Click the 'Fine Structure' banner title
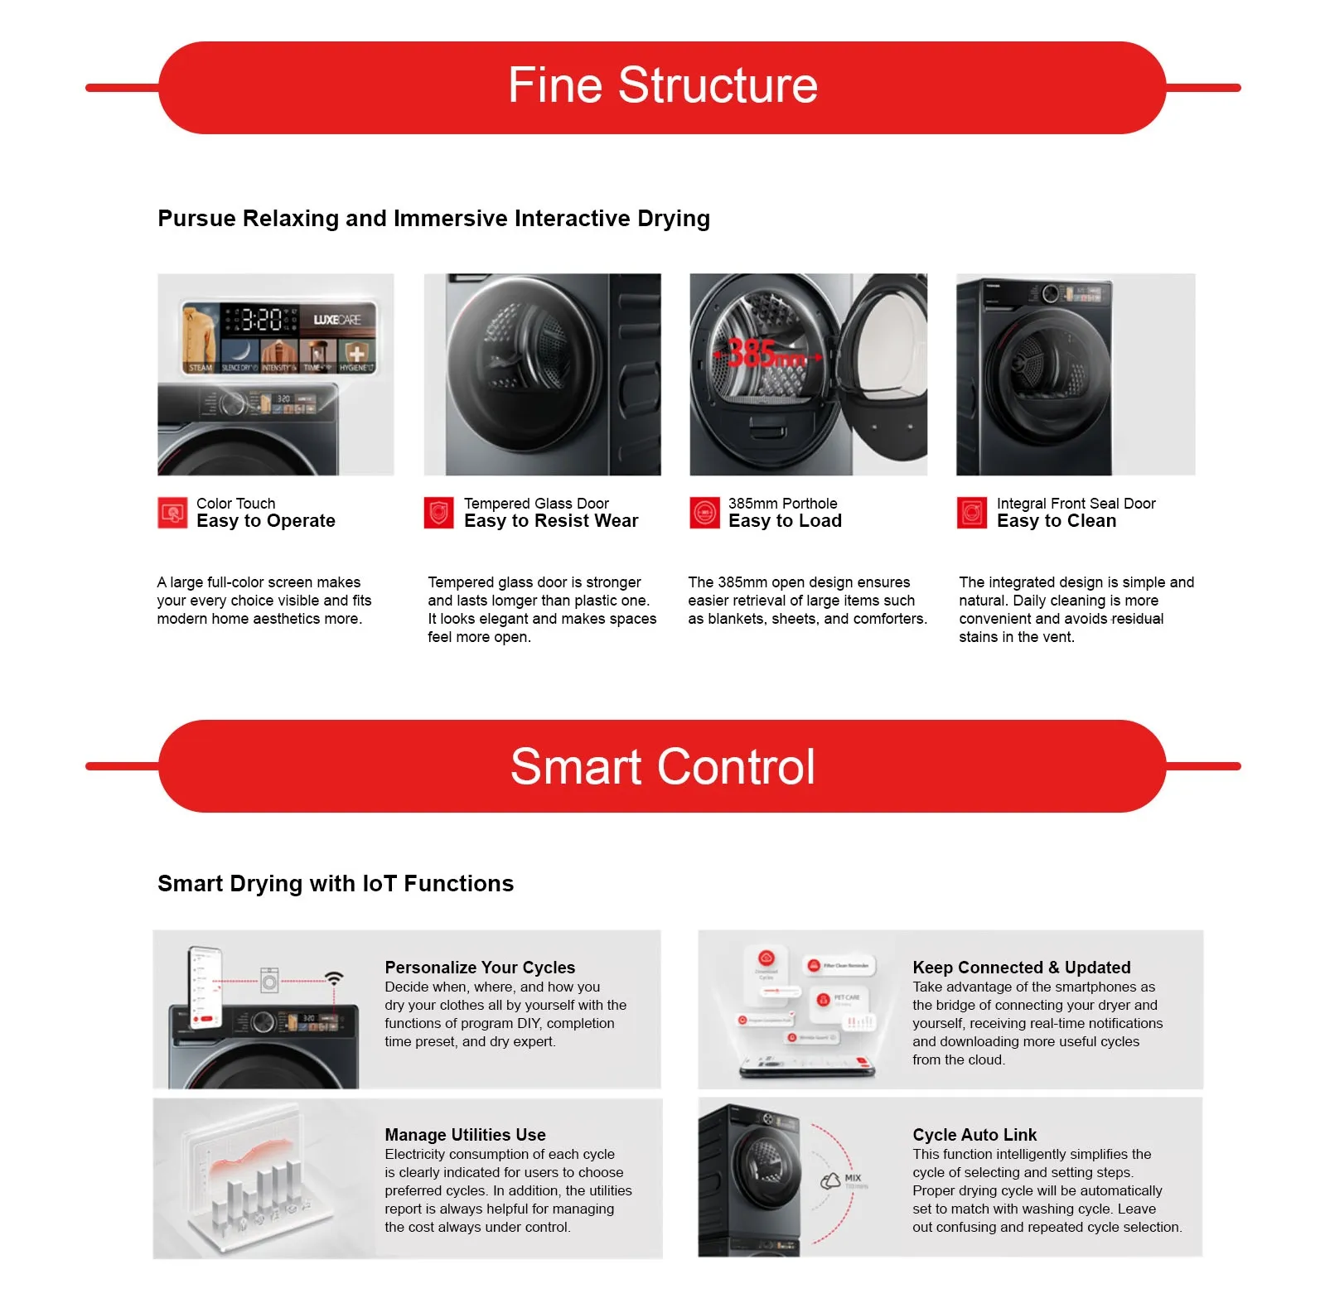(662, 85)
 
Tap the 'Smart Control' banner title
(662, 766)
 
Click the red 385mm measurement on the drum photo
(765, 354)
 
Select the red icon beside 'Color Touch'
(172, 513)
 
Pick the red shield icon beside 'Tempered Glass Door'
(438, 513)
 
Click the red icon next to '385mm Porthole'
(704, 513)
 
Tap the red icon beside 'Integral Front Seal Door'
(971, 513)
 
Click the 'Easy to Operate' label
(266, 521)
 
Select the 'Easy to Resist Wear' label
(551, 521)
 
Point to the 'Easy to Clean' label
(1057, 521)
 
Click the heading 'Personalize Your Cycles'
(480, 968)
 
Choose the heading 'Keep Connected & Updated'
(1021, 968)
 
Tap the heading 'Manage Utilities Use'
(465, 1135)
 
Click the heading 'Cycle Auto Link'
(974, 1135)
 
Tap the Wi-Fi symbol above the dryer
(334, 978)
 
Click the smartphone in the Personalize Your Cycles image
(206, 987)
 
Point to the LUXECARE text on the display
(336, 320)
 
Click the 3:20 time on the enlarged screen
(261, 320)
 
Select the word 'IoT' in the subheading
(380, 884)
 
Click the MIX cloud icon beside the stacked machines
(831, 1181)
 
